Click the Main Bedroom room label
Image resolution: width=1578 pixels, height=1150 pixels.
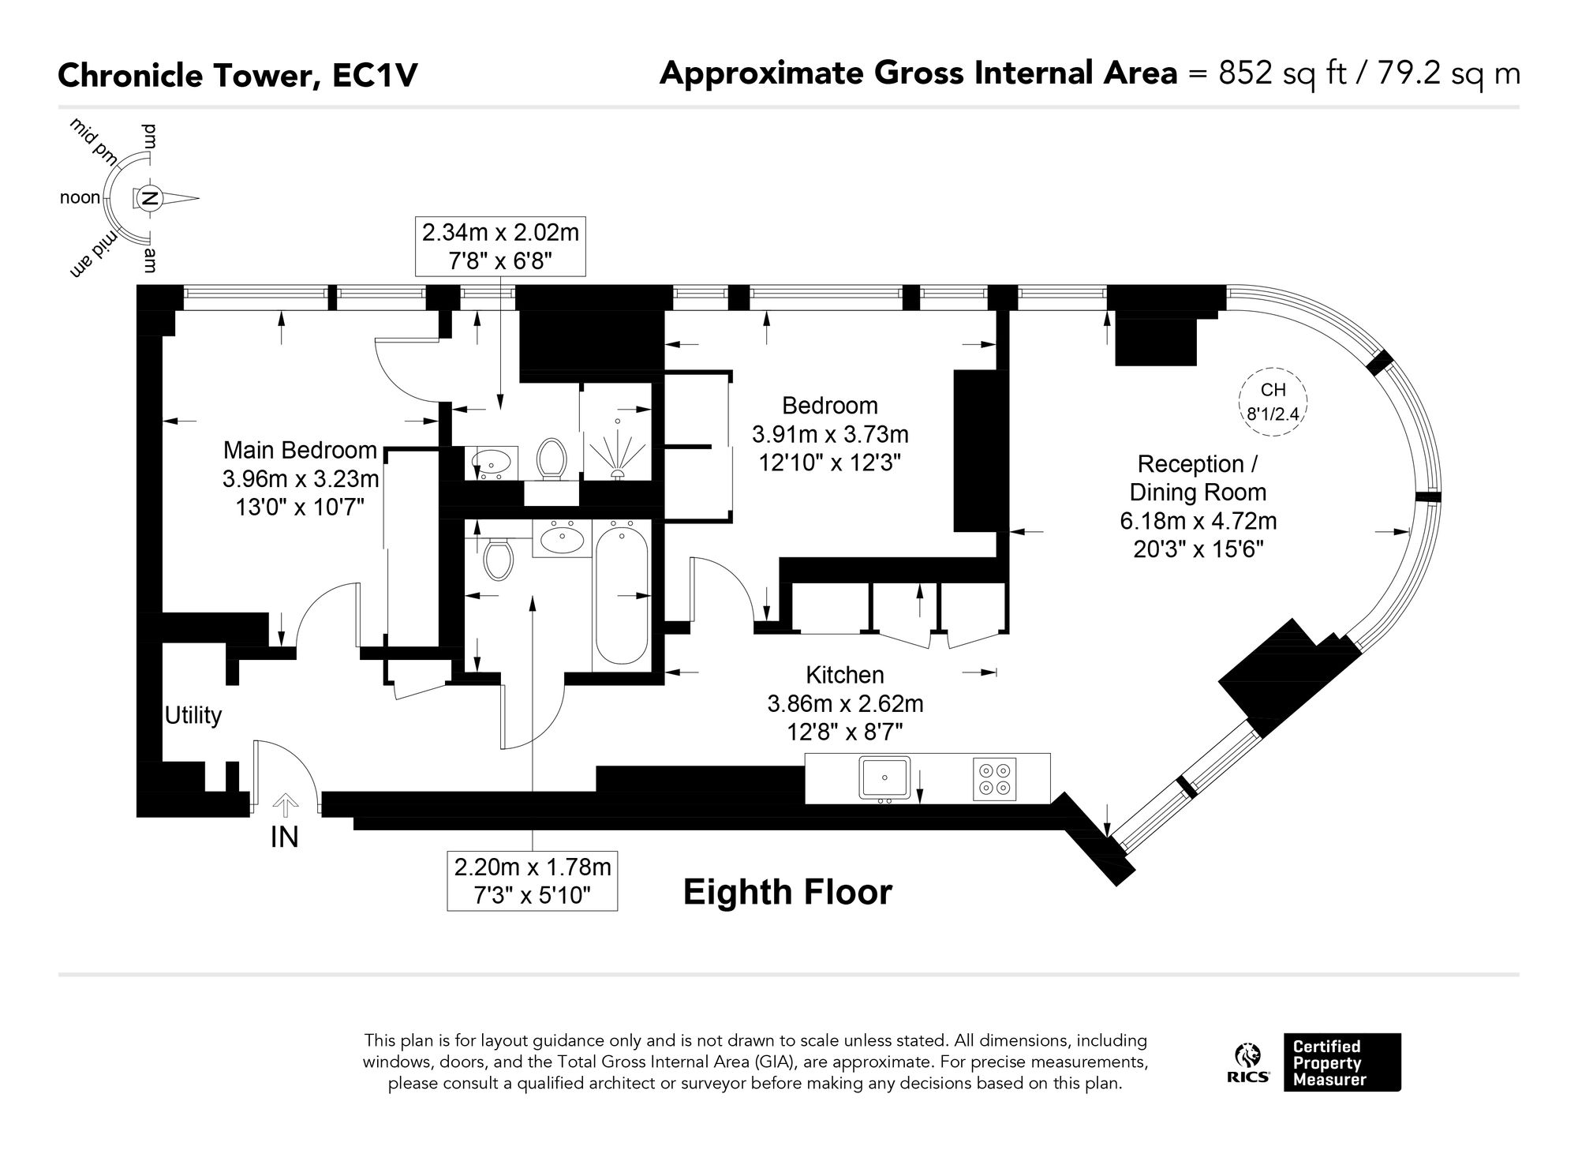click(300, 450)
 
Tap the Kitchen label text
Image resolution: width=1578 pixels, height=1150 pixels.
click(845, 675)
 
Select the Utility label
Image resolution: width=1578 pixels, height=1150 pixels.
click(193, 715)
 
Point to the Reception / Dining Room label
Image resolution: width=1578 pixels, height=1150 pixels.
click(1198, 478)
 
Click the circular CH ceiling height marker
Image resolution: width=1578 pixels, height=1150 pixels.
click(1273, 401)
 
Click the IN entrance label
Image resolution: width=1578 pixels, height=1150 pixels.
click(284, 837)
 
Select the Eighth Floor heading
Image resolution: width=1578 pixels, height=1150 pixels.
click(787, 893)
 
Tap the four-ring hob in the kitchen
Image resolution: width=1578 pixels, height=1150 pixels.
click(994, 779)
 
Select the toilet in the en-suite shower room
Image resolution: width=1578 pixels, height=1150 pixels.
click(552, 459)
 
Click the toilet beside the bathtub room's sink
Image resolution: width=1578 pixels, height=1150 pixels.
click(498, 557)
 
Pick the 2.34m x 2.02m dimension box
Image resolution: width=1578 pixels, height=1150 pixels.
click(500, 247)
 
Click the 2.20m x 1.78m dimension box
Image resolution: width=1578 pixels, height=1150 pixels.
click(533, 881)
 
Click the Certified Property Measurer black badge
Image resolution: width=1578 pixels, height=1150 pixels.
click(1342, 1062)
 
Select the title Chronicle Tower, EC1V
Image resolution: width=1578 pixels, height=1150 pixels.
click(237, 76)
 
